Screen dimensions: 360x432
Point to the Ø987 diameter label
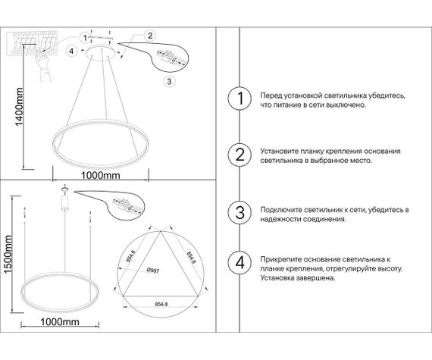click(x=152, y=270)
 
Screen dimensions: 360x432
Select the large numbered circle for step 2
click(x=239, y=155)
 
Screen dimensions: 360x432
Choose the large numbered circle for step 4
click(x=239, y=263)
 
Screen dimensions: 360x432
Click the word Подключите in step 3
click(x=281, y=208)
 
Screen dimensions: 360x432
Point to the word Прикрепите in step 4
click(x=280, y=258)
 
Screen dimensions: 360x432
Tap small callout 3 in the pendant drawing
click(x=170, y=80)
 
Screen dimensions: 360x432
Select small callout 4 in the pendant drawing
click(x=70, y=51)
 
